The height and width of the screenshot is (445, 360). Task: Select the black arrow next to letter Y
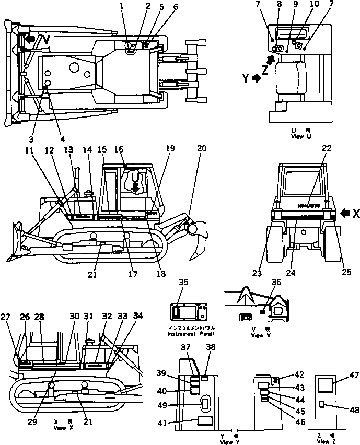257,78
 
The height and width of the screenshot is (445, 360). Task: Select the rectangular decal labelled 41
204,423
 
